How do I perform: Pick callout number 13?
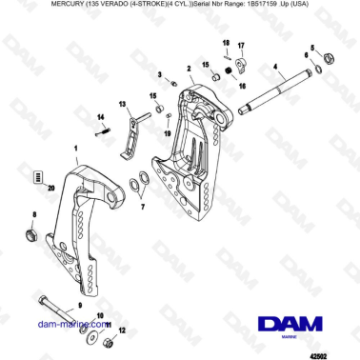pyautogui.click(x=121, y=105)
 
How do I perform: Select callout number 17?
pyautogui.click(x=241, y=46)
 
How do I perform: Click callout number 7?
pyautogui.click(x=143, y=206)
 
